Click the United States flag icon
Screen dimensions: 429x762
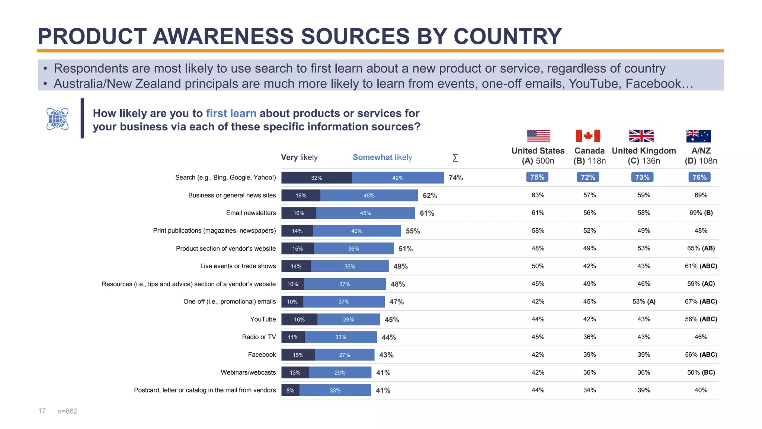538,136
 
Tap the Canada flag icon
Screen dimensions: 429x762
588,136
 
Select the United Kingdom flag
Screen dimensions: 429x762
641,136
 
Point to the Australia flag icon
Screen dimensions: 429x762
698,136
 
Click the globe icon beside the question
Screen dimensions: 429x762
57,119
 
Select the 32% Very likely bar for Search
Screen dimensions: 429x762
317,178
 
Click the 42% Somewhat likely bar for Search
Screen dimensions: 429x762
398,178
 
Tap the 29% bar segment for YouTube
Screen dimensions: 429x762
349,320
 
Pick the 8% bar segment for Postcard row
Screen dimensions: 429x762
290,390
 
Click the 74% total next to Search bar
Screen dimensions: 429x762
456,178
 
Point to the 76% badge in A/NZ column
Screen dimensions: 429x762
699,177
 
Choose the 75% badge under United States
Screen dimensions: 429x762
537,177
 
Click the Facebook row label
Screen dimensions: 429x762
262,355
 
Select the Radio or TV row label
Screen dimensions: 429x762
259,337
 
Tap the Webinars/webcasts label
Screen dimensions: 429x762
248,372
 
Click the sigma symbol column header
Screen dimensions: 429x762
455,158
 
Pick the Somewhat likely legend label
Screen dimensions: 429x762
382,157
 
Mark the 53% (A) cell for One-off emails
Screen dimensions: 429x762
644,302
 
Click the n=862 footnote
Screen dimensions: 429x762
67,411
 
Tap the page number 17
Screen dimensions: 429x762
42,411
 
